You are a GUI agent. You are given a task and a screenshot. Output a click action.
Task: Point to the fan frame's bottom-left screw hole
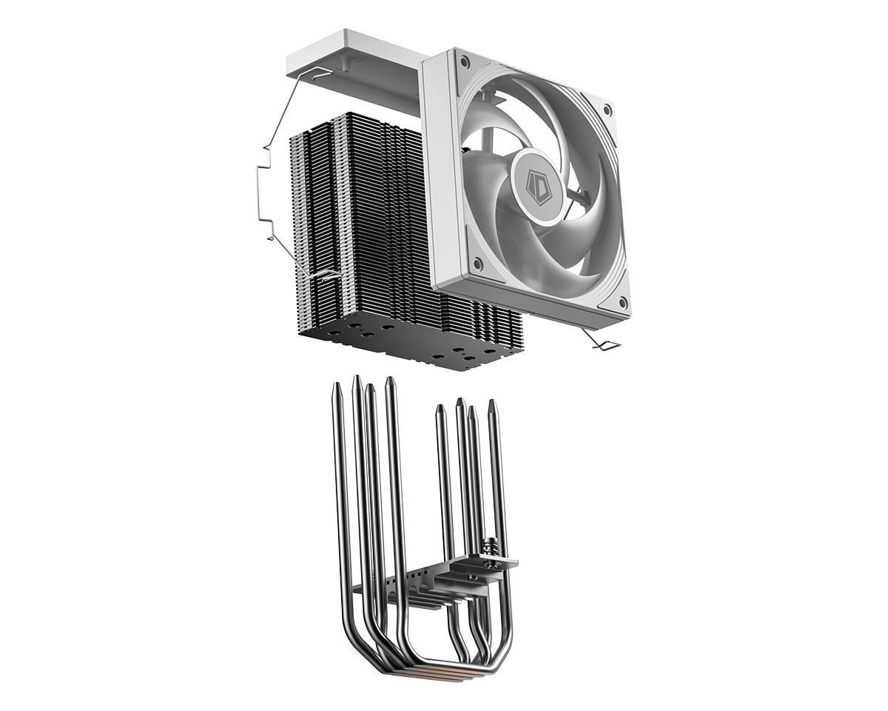(477, 263)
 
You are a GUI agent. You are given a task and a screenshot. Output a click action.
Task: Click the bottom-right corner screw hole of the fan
(622, 301)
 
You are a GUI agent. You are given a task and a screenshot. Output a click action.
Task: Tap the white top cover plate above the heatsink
(355, 56)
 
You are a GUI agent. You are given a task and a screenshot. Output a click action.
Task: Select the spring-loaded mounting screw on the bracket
(489, 548)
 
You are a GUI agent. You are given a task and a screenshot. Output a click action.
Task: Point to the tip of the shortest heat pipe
(440, 407)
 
